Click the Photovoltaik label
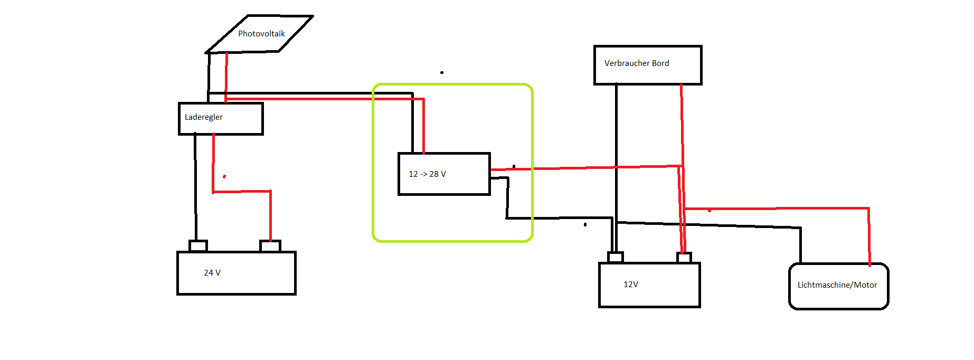(x=261, y=34)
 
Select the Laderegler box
(x=221, y=119)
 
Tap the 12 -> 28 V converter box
(x=444, y=174)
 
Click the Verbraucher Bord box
(x=648, y=65)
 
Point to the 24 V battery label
(x=212, y=273)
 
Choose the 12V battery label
(x=631, y=285)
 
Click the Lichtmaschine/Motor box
(x=838, y=286)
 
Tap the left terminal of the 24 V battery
(x=198, y=246)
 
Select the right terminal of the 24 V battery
(x=270, y=246)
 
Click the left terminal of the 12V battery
(x=616, y=258)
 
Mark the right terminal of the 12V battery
(x=684, y=258)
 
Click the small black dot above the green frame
(x=442, y=72)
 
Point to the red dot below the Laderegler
(x=224, y=176)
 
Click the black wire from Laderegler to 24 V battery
(x=195, y=190)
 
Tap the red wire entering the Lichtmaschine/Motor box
(x=869, y=238)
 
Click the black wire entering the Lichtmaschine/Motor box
(x=800, y=245)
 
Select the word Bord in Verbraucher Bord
(x=660, y=63)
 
